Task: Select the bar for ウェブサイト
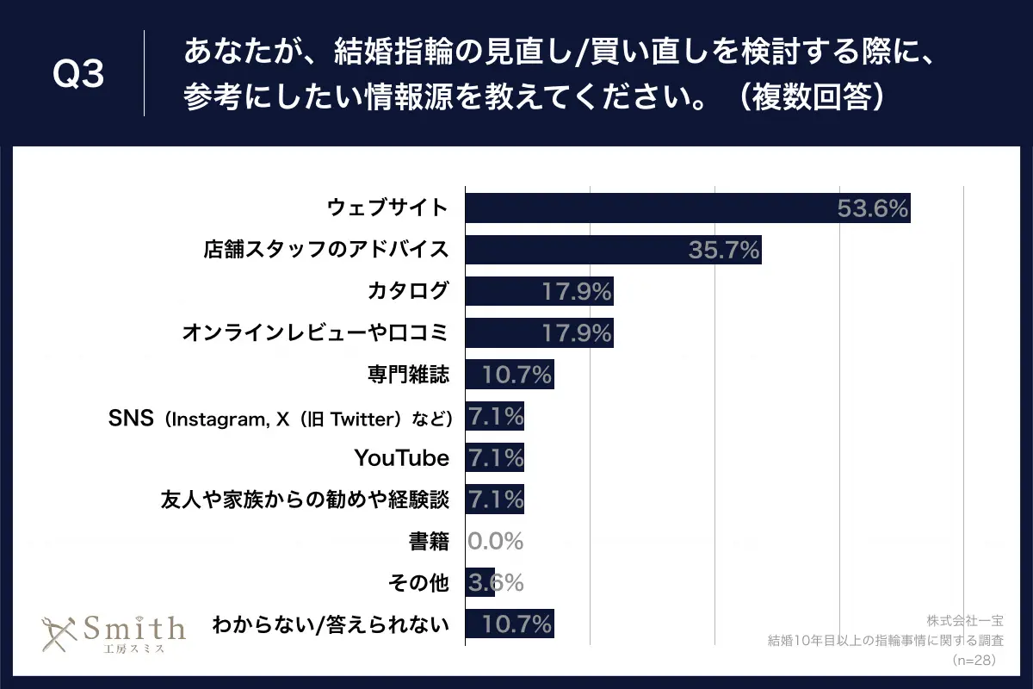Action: pyautogui.click(x=687, y=208)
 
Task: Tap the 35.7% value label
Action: pyautogui.click(x=724, y=251)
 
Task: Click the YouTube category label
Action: pyautogui.click(x=401, y=458)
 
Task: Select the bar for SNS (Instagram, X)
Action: pyautogui.click(x=494, y=417)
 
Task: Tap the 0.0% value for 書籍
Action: pyautogui.click(x=496, y=542)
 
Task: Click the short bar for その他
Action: pyautogui.click(x=479, y=583)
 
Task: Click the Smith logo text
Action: pyautogui.click(x=133, y=628)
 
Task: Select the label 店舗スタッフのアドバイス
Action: pyautogui.click(x=326, y=251)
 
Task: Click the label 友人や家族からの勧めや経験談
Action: pyautogui.click(x=305, y=500)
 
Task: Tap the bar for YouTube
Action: pyautogui.click(x=494, y=458)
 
